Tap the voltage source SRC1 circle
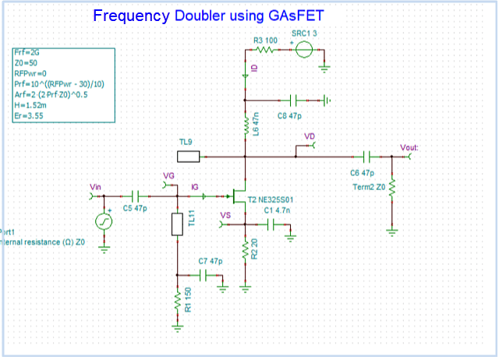click(305, 51)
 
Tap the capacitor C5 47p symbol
click(136, 194)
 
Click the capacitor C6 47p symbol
click(365, 156)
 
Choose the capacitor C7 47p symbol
click(203, 275)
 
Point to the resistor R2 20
click(246, 250)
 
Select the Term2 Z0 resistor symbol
click(392, 189)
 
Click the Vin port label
click(96, 187)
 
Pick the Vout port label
click(409, 146)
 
